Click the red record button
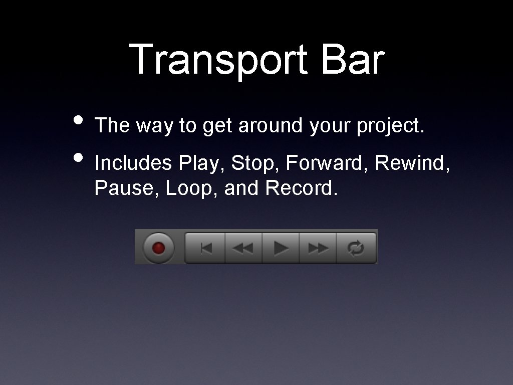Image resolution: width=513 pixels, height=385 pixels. tap(158, 248)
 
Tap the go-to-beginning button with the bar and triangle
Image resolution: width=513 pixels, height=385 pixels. tap(206, 248)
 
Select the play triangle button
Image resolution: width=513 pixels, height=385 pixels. tap(281, 248)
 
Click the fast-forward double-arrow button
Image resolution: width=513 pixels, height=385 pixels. tap(318, 248)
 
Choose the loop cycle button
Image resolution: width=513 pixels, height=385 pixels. tap(356, 248)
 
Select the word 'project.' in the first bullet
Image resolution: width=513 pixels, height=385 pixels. tap(390, 126)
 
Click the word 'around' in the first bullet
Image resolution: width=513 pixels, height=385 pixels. tap(270, 126)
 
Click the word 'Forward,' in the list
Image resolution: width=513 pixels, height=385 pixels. tap(326, 163)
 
